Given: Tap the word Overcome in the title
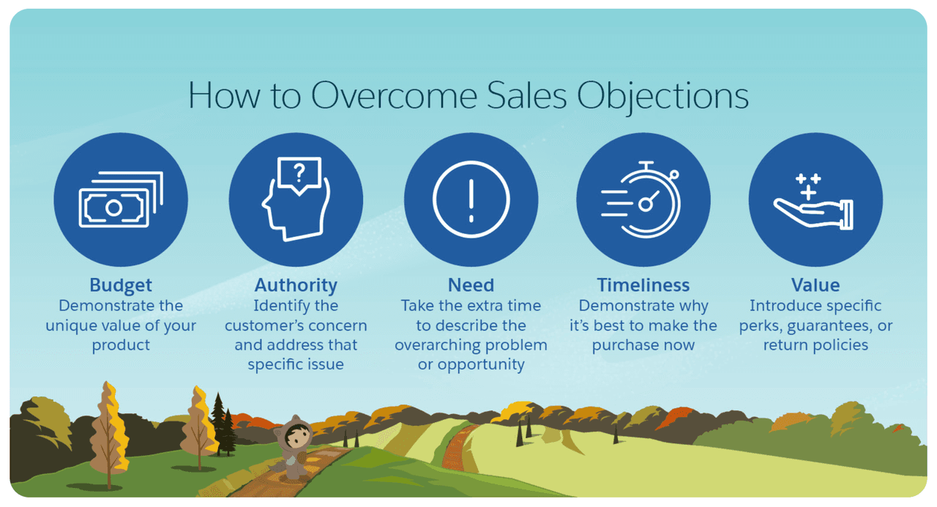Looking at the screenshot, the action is click(394, 96).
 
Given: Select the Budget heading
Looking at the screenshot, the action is click(121, 286).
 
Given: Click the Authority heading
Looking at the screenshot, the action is click(296, 286).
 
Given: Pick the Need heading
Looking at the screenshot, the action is click(471, 285).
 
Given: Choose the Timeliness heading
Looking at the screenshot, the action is click(643, 285).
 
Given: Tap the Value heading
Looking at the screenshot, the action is click(815, 285).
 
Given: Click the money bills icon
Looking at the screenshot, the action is click(121, 200).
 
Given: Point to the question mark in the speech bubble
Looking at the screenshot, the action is click(299, 173).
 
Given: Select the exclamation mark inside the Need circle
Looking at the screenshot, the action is click(471, 200).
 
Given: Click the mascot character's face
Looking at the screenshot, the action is click(298, 437).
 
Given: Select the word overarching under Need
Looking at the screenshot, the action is click(435, 345).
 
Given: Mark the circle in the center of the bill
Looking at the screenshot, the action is click(113, 208).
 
